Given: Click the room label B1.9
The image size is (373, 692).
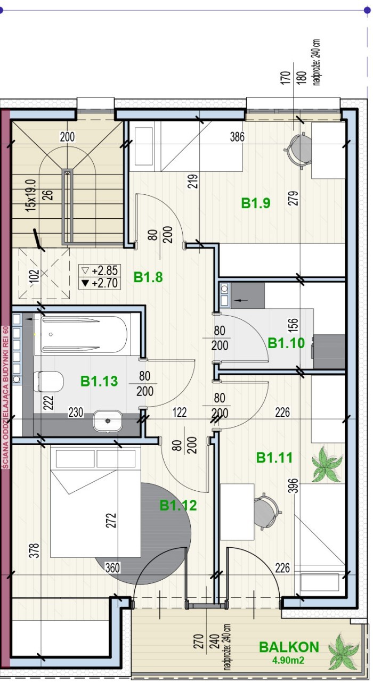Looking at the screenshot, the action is point(255,203).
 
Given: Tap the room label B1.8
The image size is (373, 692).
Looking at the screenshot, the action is point(148,277).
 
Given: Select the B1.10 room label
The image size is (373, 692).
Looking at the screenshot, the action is point(286,343).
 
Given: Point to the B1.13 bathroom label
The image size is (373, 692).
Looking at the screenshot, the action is point(99,381).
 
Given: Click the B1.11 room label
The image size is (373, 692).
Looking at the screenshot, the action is point(274,458).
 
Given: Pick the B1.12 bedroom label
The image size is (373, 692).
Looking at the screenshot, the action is point(178,505).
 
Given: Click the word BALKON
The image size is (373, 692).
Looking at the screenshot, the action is point(289,647).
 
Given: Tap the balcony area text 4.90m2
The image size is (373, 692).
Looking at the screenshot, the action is point(288,661).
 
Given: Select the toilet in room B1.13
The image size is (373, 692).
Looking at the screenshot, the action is point(50,381).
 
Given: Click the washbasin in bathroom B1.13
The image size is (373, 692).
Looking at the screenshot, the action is point(108,421).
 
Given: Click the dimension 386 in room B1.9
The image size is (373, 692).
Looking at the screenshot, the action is point(237,137).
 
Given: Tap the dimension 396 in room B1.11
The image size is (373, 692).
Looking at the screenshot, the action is point(295,485).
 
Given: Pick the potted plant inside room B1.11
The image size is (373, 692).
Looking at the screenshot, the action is point(327,464).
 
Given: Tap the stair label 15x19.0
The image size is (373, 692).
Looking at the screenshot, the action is point(31,195).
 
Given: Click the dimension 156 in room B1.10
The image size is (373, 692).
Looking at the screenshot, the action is point(293,325).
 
